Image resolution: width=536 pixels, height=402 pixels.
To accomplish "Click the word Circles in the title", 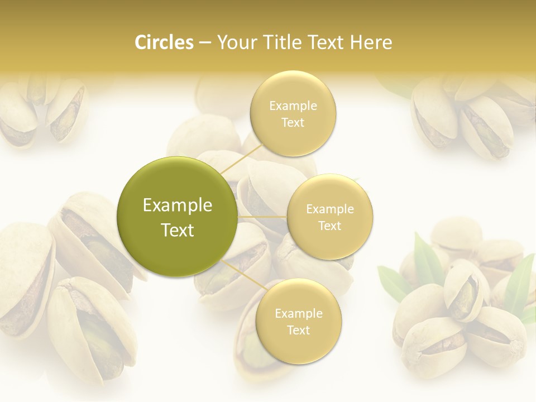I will click(164, 42).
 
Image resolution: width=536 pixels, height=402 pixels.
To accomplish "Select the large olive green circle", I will click(177, 217).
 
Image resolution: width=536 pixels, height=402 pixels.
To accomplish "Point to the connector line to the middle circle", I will click(262, 217).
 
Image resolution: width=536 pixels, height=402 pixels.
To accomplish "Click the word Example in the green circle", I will click(177, 205).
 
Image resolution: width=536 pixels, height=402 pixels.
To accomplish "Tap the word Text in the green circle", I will click(177, 230).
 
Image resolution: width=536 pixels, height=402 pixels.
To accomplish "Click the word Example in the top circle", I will click(293, 106).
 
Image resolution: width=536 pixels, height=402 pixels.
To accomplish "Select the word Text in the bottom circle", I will click(298, 330).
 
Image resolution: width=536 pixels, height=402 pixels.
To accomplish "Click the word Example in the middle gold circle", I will click(330, 209).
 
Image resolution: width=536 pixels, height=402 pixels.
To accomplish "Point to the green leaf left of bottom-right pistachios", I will click(393, 281).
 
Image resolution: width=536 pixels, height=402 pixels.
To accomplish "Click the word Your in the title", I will click(236, 42).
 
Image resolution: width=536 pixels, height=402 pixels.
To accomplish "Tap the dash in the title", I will click(205, 42).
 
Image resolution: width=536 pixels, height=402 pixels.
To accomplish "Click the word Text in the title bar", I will click(326, 42).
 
